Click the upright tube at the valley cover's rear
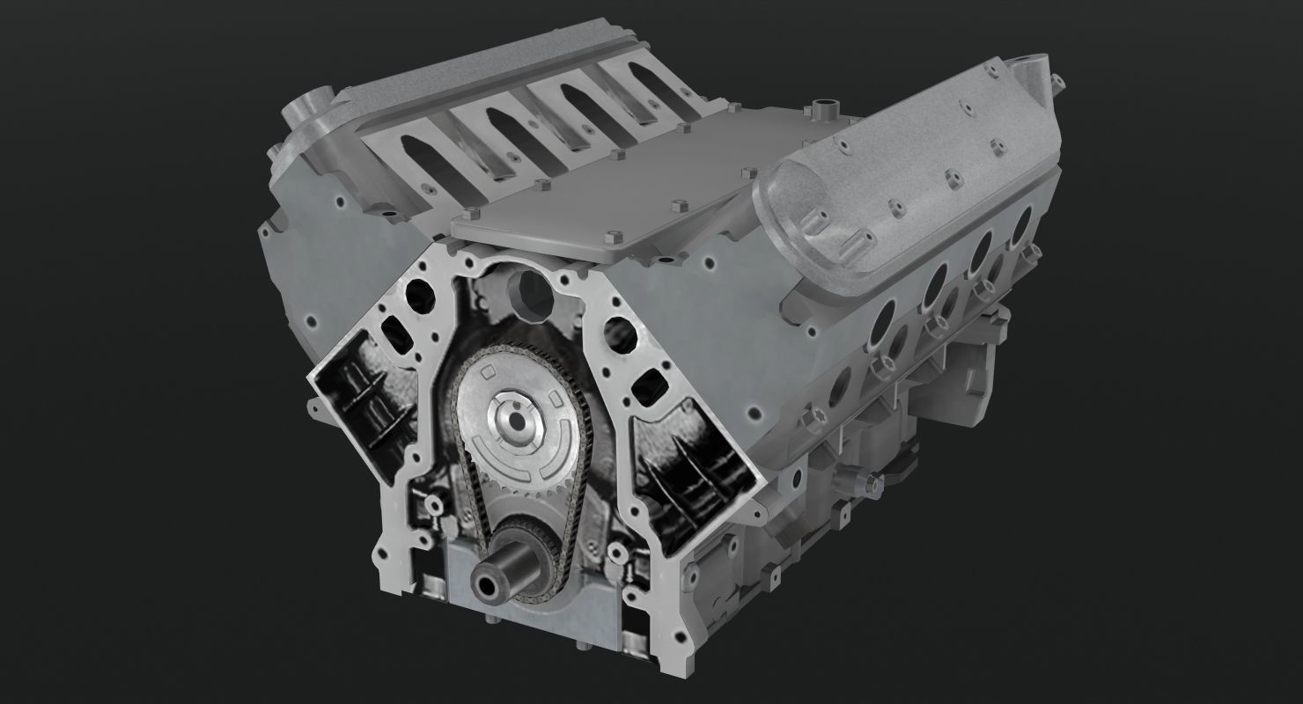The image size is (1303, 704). pos(825,111)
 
